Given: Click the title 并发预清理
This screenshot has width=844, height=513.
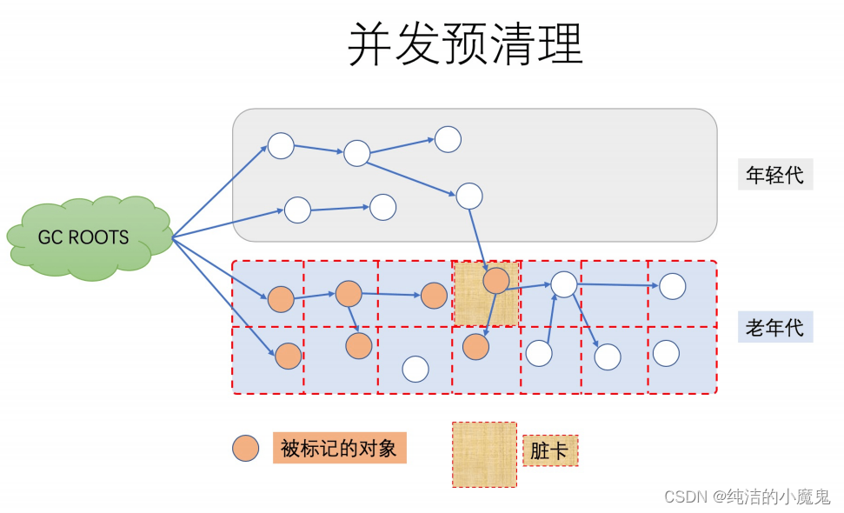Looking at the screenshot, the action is coord(465,43).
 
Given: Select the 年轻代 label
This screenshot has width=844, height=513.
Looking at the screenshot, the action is coord(774,175).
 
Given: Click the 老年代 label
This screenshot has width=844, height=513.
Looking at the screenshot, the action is coord(774,328).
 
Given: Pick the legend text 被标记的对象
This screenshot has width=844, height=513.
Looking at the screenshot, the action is coord(339,448).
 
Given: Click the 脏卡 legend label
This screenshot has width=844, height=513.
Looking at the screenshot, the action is coord(549,451).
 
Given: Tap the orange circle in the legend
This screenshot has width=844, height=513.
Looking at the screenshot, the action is coord(245,448).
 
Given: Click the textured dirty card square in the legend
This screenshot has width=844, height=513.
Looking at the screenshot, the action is coord(484,454).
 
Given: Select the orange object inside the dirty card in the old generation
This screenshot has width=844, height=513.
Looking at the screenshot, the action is coord(495,280).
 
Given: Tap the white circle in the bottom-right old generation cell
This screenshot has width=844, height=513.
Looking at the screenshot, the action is coord(666,353).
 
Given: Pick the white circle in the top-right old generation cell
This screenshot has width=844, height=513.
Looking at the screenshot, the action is coord(672,285).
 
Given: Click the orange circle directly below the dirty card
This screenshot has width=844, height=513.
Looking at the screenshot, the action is coord(475,347).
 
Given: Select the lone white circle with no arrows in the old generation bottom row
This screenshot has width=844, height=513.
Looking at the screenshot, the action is coord(415,369).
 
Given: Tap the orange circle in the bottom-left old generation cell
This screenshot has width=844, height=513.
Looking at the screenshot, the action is coord(288,356).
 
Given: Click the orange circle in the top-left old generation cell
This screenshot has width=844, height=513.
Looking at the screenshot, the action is coord(281,299).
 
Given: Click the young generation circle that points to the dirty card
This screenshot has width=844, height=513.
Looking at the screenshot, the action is coord(469,197).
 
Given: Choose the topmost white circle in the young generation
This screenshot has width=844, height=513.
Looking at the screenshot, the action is coord(448,139).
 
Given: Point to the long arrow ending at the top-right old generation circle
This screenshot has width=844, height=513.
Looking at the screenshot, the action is coord(617,284).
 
